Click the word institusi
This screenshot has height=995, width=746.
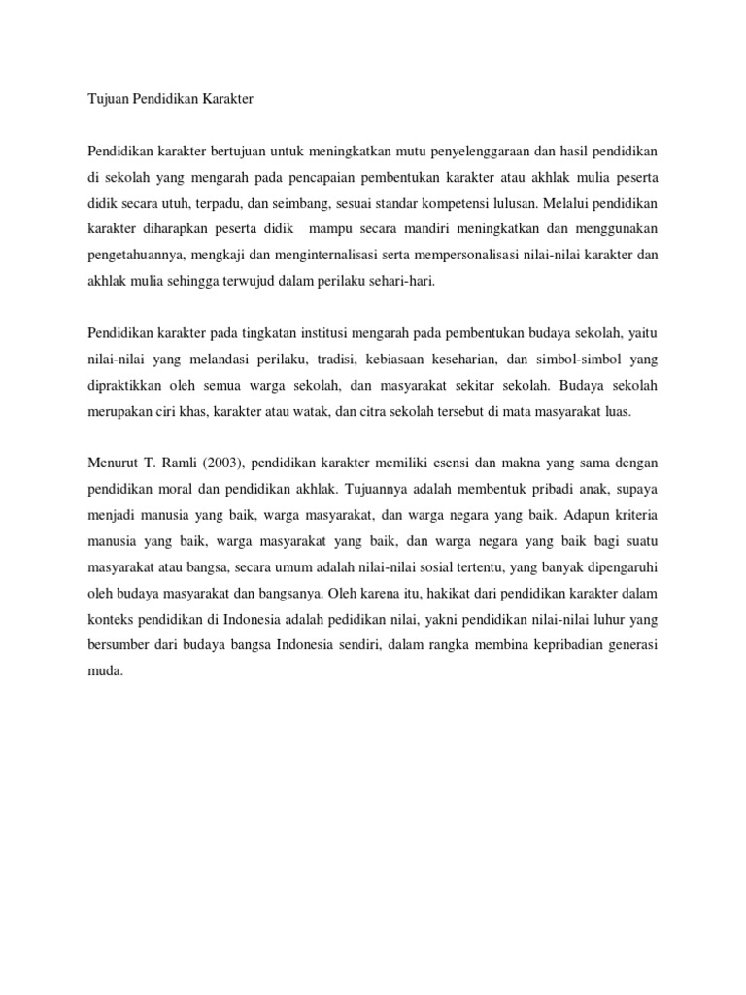pyautogui.click(x=307, y=333)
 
